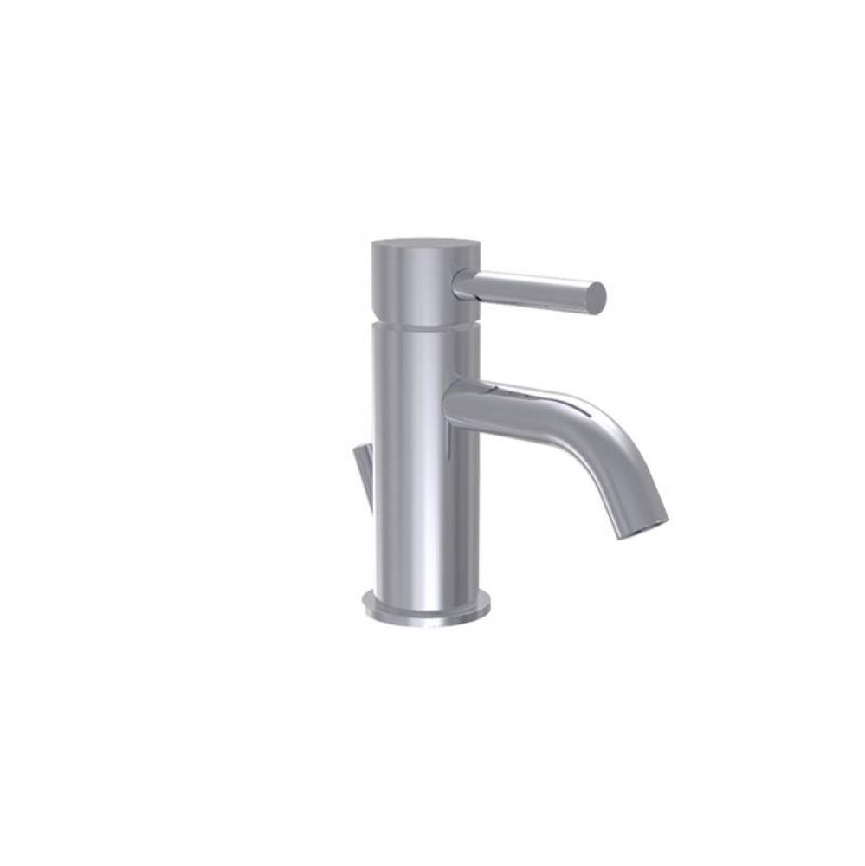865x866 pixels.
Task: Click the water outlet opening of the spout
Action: tap(642, 529)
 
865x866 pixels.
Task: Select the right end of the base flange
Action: tap(487, 604)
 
